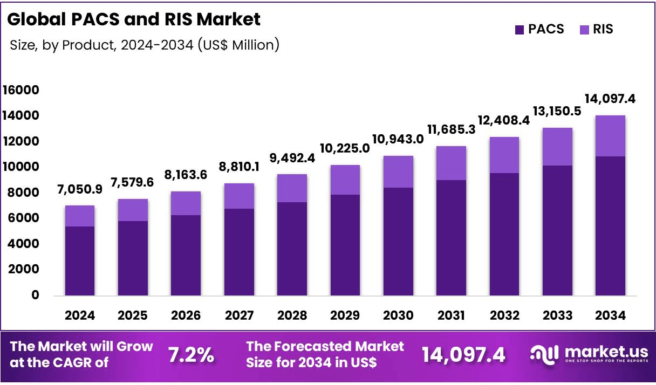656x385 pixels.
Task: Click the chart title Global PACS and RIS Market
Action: (x=134, y=19)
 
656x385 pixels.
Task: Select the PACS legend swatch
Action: (x=520, y=30)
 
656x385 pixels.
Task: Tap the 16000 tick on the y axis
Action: (x=20, y=90)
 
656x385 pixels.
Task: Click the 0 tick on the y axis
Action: (x=35, y=295)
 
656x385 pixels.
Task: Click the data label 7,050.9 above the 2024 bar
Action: (x=80, y=189)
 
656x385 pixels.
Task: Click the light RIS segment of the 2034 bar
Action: (x=610, y=136)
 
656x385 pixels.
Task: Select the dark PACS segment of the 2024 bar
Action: (x=80, y=260)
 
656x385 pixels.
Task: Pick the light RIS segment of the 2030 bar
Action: (x=398, y=171)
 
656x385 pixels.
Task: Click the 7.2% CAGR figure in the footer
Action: (x=191, y=355)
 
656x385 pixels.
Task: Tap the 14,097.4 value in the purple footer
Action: (x=463, y=355)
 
